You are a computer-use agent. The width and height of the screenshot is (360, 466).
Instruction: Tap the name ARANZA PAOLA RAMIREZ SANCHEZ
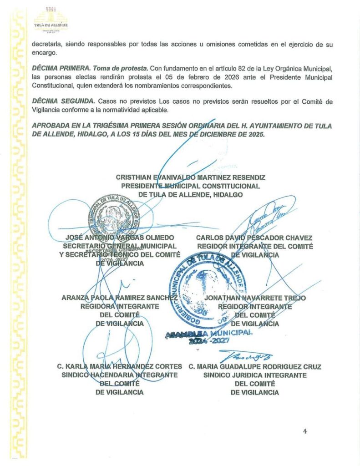(119, 298)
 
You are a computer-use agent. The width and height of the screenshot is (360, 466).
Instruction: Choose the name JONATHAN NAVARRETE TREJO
(255, 298)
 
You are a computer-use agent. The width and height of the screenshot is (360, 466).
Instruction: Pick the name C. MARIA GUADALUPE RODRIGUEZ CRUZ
(255, 366)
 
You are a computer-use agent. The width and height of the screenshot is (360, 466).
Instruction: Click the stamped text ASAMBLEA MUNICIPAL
(209, 334)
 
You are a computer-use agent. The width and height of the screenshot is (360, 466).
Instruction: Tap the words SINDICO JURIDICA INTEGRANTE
(255, 375)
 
